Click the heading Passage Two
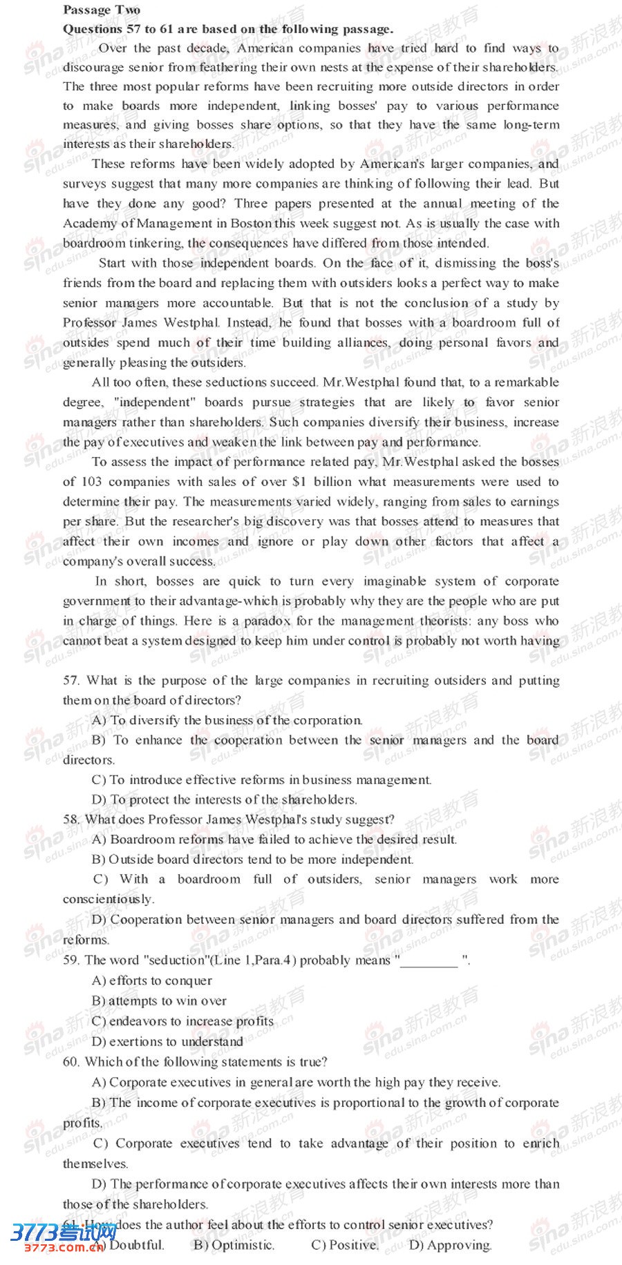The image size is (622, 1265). point(101,10)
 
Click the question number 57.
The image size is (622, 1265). point(71,681)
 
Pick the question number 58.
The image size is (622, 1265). point(71,820)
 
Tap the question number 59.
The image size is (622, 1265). point(71,960)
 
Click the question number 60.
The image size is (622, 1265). point(71,1062)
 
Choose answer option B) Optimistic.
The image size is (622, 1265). point(234,1246)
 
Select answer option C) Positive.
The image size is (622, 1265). point(345,1246)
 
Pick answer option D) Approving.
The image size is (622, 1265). point(450,1246)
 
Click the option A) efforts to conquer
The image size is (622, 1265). point(152,981)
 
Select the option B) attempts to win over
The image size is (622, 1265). point(159,1001)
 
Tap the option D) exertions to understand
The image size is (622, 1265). point(167,1041)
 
